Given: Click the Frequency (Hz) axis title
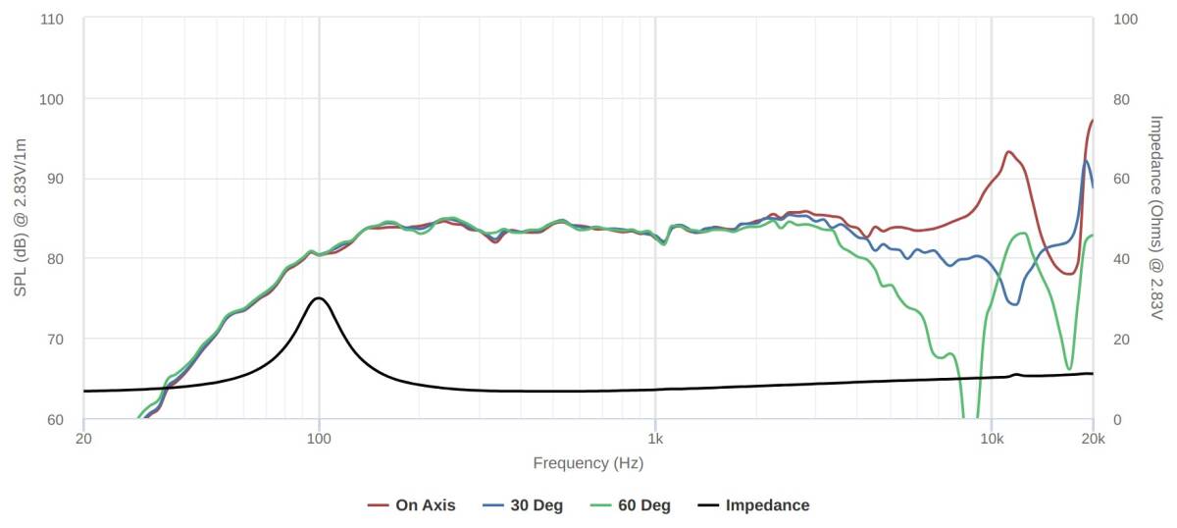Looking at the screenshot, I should (x=588, y=463).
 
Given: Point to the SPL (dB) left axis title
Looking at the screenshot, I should (x=20, y=219).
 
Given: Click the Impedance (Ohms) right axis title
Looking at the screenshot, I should (x=1156, y=219).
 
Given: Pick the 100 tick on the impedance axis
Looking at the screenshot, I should (x=1127, y=19).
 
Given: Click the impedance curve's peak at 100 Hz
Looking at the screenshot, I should (x=319, y=297).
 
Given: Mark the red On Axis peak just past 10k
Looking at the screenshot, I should (x=1009, y=152).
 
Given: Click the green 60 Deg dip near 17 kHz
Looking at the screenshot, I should (x=1069, y=369).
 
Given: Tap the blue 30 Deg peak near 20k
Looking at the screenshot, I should (x=1086, y=161).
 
